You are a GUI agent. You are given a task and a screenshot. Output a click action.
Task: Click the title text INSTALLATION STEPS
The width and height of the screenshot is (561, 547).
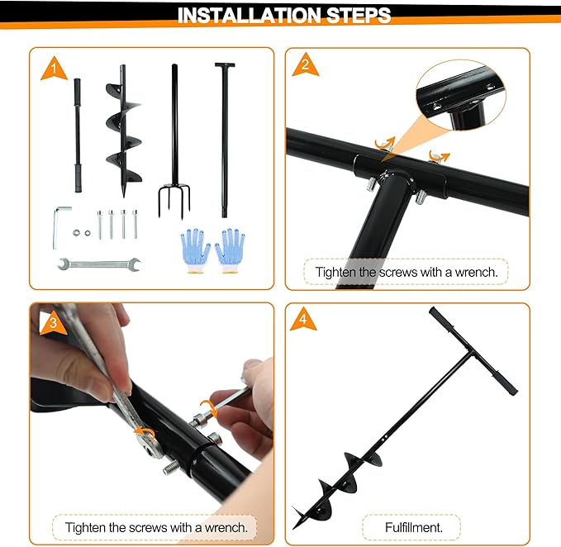coord(284,15)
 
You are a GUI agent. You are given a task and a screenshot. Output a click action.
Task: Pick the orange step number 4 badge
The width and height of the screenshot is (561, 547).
coord(303,321)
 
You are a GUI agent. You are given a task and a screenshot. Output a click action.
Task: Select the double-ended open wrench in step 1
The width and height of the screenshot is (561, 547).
coord(99,264)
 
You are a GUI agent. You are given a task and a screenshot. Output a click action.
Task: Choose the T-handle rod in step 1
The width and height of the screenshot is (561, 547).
coord(223,136)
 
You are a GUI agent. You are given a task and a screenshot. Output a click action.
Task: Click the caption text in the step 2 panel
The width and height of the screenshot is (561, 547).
coord(405,272)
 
